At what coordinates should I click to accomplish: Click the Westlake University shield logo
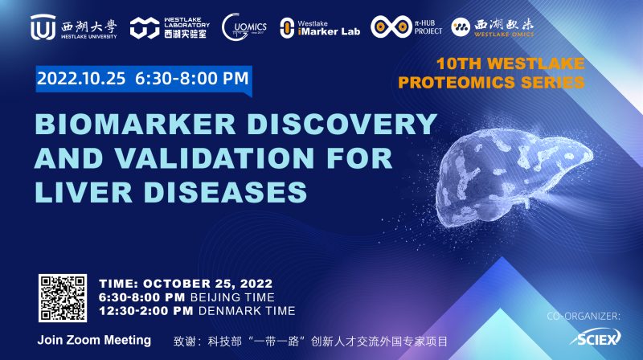(43, 27)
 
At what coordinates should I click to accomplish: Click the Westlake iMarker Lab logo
(286, 28)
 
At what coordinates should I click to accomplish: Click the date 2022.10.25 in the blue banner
(82, 79)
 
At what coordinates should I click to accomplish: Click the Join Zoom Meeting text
(94, 340)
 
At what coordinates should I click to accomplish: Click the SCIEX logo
(596, 339)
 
